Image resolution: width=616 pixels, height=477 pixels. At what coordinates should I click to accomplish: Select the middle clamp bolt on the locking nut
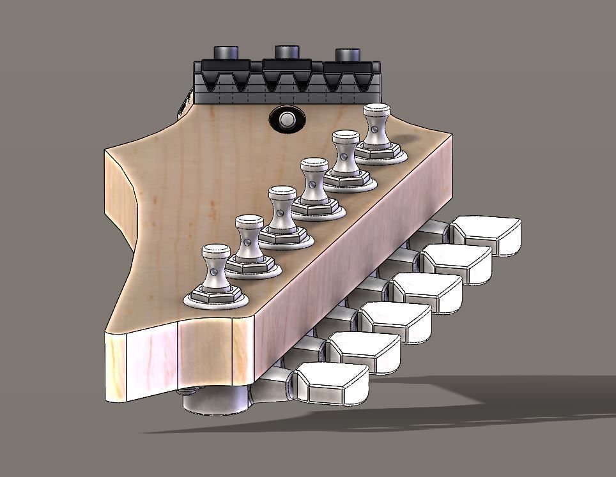(287, 52)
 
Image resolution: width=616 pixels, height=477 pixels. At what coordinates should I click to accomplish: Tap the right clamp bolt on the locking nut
(348, 55)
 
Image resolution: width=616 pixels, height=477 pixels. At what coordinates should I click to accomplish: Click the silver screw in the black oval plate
(287, 119)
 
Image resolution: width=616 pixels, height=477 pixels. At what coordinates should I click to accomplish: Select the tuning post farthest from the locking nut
(215, 267)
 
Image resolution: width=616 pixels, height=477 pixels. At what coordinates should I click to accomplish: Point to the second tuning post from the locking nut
(345, 154)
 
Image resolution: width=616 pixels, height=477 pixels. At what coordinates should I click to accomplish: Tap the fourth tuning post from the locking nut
(282, 208)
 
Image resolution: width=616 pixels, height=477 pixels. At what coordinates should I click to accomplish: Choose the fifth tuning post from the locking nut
(249, 237)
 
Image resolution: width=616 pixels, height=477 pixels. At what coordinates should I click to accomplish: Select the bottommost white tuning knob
(332, 383)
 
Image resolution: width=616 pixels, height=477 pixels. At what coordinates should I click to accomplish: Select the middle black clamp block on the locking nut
(287, 65)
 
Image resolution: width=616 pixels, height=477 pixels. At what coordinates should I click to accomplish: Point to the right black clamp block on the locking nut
(348, 67)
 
